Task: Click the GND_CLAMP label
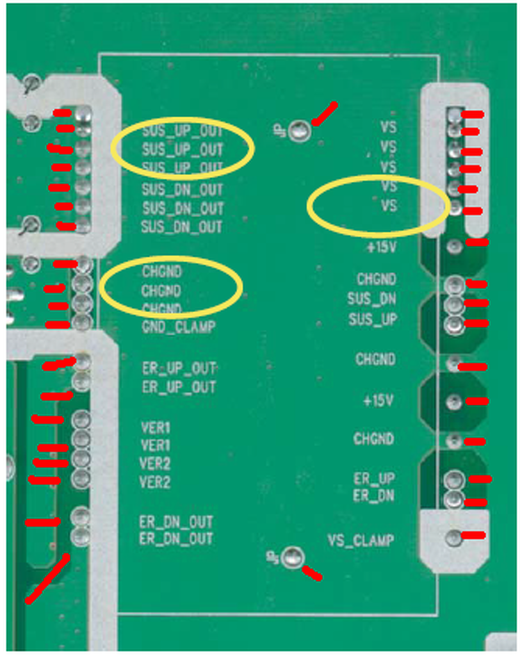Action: pos(179,327)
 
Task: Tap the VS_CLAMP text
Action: pos(361,540)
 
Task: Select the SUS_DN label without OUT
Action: pos(371,299)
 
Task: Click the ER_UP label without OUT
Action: pos(374,479)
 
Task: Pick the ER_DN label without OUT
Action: pos(374,496)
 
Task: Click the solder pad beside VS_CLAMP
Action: pos(454,537)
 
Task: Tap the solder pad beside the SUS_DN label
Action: pos(455,303)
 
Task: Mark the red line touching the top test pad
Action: pos(324,114)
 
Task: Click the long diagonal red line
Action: pos(47,579)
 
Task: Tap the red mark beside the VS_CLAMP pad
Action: pos(473,536)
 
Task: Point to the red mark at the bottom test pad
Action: pos(312,573)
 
